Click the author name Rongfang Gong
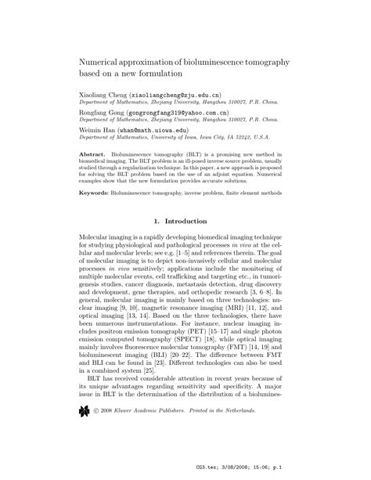[103, 112]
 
